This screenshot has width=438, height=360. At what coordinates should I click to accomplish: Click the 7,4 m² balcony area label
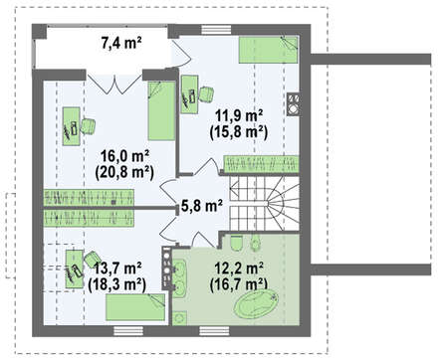tap(121, 43)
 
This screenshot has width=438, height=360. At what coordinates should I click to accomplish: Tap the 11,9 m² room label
tap(239, 116)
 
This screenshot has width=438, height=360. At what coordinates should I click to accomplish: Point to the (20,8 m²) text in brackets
tap(124, 173)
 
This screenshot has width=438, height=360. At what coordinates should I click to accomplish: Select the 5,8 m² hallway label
tap(202, 206)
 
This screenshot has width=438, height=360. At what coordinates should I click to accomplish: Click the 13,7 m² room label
tap(118, 269)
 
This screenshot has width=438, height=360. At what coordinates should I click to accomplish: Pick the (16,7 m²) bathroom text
tap(239, 285)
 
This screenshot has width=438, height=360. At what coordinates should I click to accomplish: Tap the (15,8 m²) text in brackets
tap(239, 132)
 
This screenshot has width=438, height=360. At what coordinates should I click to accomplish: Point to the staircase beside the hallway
tap(264, 204)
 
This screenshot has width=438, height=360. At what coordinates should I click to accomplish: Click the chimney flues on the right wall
tap(294, 104)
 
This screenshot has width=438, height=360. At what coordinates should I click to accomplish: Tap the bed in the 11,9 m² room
tap(269, 50)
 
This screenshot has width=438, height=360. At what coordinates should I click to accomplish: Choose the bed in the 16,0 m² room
tap(161, 110)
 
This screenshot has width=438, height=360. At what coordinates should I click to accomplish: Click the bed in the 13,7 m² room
tap(135, 307)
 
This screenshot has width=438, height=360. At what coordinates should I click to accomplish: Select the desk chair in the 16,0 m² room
tap(89, 126)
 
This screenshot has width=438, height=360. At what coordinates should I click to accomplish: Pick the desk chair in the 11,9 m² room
tap(206, 93)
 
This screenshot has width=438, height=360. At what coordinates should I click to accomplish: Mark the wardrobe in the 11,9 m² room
tap(261, 164)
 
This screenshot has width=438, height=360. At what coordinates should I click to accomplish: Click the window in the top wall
tap(216, 30)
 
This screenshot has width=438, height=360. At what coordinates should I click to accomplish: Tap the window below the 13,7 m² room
tap(128, 331)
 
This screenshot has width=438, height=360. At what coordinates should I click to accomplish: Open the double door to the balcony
tap(114, 83)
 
